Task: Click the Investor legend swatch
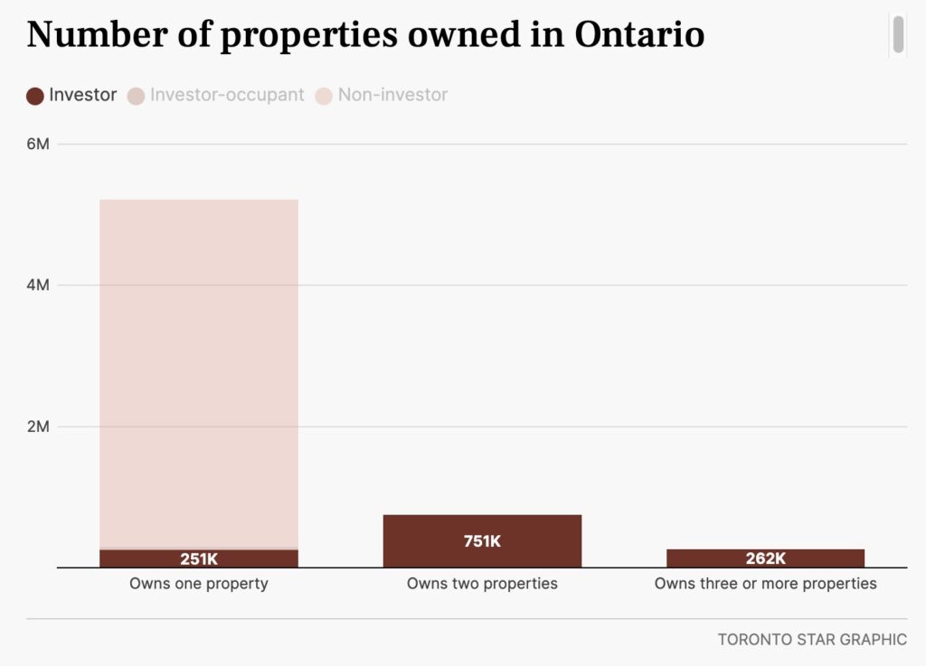coord(35,96)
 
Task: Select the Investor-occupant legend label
coord(227,95)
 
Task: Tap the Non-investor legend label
coord(392,95)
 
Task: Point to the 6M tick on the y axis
coord(38,144)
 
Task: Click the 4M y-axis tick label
coord(38,286)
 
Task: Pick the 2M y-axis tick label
coord(38,427)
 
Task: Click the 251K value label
coord(199,558)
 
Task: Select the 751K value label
coord(482,541)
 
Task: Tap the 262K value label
coord(765,558)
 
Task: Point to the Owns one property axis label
coord(199,584)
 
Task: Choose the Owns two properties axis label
coord(482,584)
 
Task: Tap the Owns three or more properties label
coord(765,584)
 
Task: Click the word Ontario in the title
coord(638,35)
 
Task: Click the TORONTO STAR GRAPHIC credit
coord(812,640)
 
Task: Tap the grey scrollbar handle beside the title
coord(899,34)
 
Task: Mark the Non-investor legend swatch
coord(324,96)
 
